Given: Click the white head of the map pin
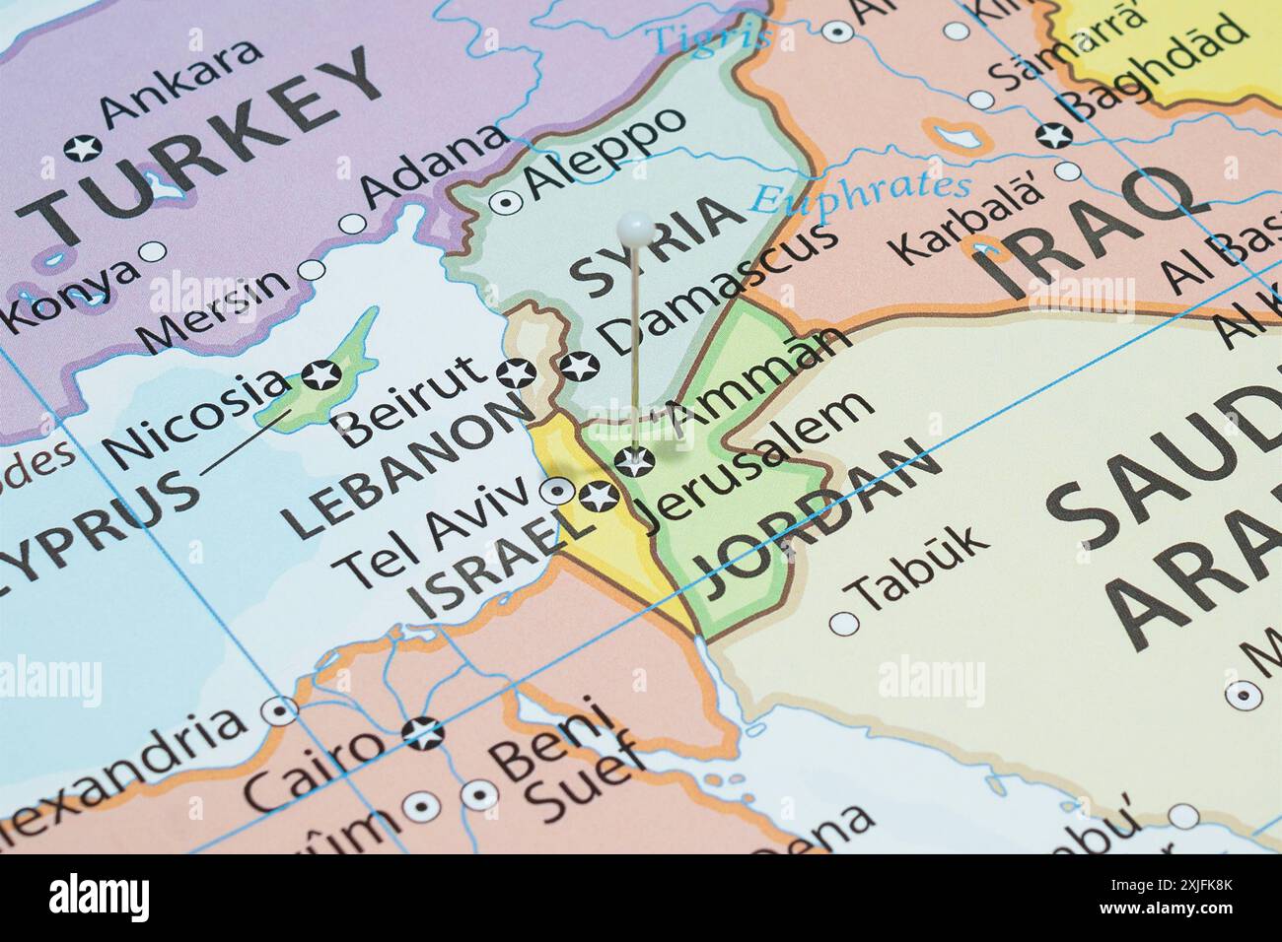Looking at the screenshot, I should tap(634, 230).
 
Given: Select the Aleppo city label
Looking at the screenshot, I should tap(605, 153).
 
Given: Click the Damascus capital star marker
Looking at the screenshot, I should tap(580, 368).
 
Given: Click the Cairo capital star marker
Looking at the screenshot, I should tap(424, 732).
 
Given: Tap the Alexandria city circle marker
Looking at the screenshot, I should tap(283, 710).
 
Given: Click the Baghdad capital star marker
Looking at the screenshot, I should tap(1052, 134).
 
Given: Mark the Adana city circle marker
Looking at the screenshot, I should tap(352, 224).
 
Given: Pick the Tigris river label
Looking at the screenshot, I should tap(709, 38).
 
